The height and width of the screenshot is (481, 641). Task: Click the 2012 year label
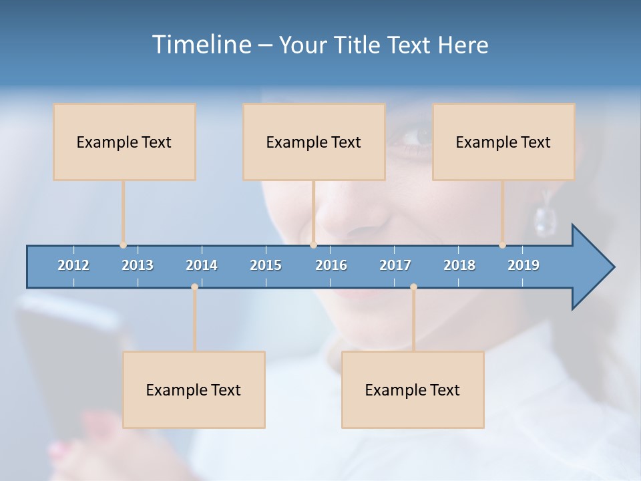pos(73,265)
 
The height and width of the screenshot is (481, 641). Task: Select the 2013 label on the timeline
pos(138,265)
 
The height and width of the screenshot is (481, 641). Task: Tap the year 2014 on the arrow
pos(202,265)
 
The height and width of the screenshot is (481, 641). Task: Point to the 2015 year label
pos(266,265)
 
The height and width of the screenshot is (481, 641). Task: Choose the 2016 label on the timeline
pos(331,265)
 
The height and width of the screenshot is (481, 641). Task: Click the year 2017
pos(395,265)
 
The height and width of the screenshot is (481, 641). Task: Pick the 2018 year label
pos(459,265)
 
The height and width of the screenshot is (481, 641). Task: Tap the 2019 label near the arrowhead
pos(523,265)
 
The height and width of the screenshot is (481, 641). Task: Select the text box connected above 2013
pos(124,142)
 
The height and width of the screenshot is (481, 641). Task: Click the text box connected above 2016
pos(314,142)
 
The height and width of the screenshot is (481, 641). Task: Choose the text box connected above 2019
pos(503,142)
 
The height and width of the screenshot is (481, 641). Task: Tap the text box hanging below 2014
pos(194,389)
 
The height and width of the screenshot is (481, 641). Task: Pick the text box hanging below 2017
pos(413,389)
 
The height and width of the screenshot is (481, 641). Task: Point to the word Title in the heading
pos(361,45)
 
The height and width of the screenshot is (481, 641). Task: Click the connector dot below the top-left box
pos(123,245)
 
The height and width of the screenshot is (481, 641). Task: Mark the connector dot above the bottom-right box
pos(413,287)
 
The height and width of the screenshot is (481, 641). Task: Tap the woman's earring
pos(545,218)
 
